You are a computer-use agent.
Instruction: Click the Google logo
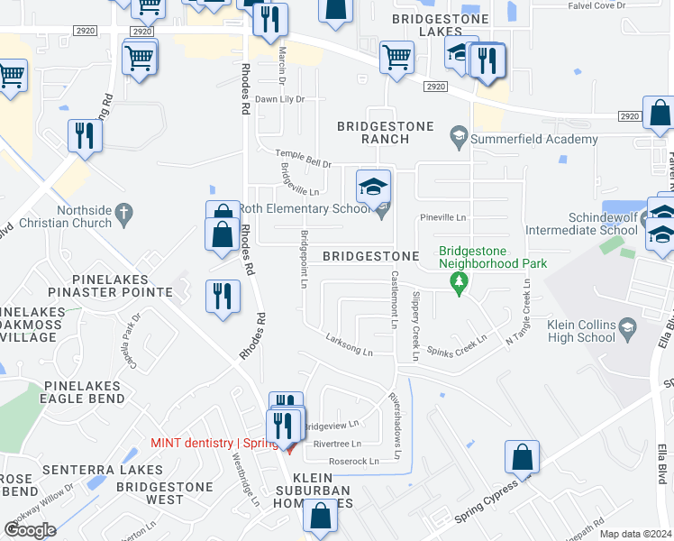pos(31,529)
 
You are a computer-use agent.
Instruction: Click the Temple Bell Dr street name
pos(304,160)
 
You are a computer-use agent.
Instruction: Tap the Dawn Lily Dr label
pos(279,99)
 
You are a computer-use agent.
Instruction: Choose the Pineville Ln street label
pos(443,217)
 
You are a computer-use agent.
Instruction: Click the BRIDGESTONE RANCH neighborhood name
pos(385,133)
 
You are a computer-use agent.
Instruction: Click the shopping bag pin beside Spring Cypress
pos(522,458)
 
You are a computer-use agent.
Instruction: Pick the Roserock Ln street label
pos(354,461)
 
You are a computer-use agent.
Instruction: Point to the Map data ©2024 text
pos(636,534)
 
